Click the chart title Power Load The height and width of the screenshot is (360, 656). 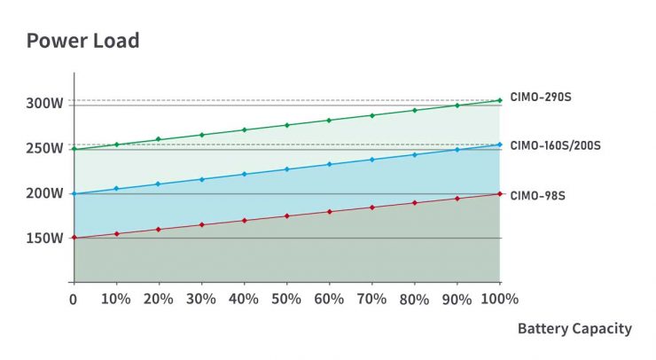[x=82, y=40]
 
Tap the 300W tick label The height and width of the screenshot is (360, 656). [x=44, y=103]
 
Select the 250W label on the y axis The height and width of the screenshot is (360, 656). [x=44, y=148]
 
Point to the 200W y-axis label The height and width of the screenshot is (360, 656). [x=44, y=193]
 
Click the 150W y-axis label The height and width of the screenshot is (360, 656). [x=44, y=238]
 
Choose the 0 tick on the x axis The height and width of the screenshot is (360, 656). [x=74, y=299]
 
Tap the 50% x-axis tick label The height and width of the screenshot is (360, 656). [x=286, y=299]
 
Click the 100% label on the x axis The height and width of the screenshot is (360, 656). [x=500, y=299]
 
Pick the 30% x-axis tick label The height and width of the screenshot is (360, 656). [x=201, y=299]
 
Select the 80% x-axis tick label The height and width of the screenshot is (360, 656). [x=414, y=299]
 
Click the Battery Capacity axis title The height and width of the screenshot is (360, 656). [x=574, y=329]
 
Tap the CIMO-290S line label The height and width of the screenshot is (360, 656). [x=541, y=97]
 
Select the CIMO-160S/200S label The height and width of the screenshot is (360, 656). [x=556, y=145]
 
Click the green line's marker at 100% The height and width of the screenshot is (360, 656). [x=500, y=100]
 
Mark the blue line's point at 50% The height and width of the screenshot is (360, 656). [x=286, y=169]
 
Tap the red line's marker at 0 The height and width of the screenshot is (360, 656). [x=74, y=238]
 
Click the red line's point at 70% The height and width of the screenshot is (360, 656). [x=371, y=207]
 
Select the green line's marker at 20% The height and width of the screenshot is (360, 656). [x=159, y=139]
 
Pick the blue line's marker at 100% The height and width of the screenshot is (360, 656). [x=500, y=145]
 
